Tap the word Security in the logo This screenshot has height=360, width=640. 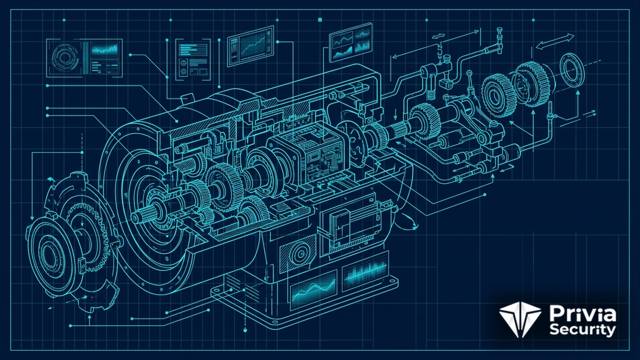[x=582, y=330]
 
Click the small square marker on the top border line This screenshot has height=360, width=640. [x=320, y=20]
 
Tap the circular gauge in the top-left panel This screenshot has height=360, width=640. [x=65, y=58]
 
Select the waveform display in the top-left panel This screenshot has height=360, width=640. [x=104, y=50]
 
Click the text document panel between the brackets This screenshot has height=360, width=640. [x=193, y=60]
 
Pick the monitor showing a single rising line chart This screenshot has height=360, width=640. [x=250, y=46]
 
